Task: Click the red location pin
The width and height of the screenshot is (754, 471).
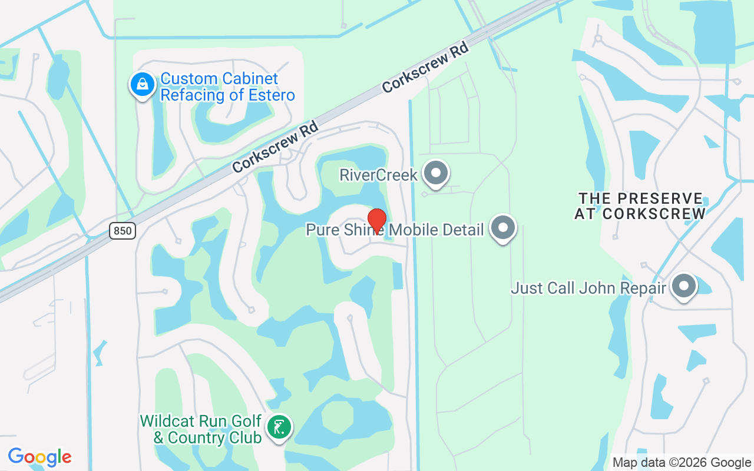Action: click(x=376, y=220)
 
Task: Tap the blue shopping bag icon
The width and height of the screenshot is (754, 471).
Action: click(x=142, y=85)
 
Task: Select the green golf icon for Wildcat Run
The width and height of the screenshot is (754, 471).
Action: click(x=279, y=427)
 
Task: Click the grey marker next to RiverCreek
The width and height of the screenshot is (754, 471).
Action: click(x=436, y=173)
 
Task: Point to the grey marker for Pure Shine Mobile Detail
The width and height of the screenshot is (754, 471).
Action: click(x=503, y=228)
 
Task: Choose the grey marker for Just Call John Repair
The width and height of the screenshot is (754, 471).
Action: click(x=684, y=286)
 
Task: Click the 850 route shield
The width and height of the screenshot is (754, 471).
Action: click(x=123, y=231)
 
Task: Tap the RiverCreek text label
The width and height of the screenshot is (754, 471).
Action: click(x=379, y=175)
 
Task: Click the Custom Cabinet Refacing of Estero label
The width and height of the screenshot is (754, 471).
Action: click(x=227, y=87)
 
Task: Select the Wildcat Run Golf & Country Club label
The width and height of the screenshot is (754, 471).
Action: click(x=201, y=429)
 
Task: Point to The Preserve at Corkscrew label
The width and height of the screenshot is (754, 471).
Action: click(x=640, y=206)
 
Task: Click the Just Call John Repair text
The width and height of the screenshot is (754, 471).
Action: click(x=588, y=288)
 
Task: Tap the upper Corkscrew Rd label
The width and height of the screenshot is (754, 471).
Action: click(x=425, y=67)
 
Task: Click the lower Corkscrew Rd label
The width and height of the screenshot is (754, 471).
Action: click(x=275, y=147)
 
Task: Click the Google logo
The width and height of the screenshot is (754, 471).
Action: click(x=39, y=457)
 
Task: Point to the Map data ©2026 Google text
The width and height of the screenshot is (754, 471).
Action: click(x=682, y=463)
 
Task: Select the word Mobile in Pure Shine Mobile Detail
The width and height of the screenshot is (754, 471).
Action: click(x=417, y=230)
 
